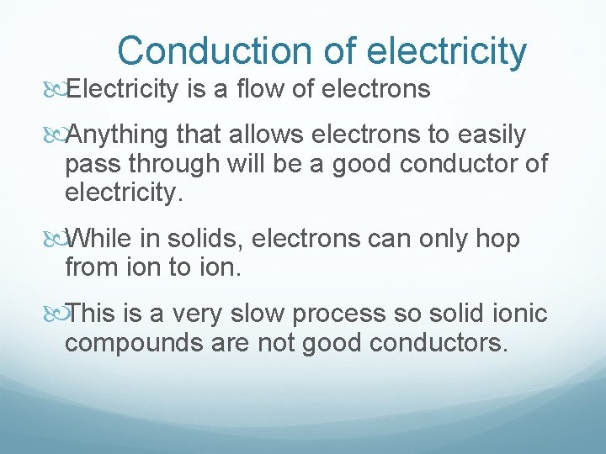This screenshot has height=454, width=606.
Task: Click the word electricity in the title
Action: tap(447, 50)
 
